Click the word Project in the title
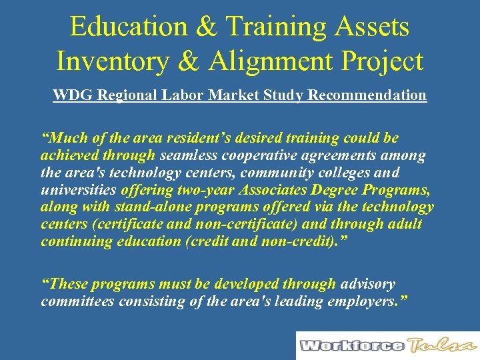point(383,61)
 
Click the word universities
point(73,190)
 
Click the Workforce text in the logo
point(351,345)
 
